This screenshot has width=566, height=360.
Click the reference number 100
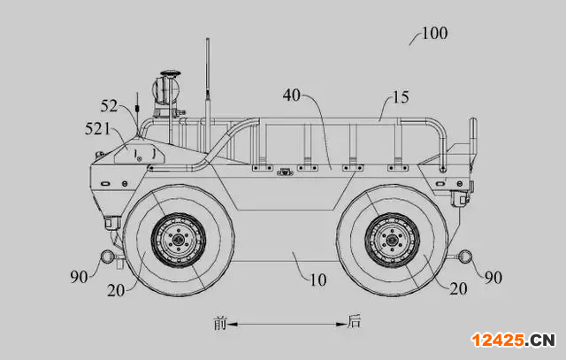point(434,34)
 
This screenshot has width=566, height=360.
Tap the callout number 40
point(291,96)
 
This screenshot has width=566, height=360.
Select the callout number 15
point(401,97)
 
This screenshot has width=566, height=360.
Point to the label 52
point(109,106)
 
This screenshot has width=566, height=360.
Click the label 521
point(97,128)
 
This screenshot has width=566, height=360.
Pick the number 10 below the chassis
point(318,280)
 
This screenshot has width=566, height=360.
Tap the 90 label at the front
point(79,277)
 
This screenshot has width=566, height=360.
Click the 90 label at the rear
point(493,278)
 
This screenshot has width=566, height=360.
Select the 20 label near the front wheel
point(116,290)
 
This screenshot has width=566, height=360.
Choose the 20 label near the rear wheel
point(458,289)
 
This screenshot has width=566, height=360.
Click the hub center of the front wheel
point(179,240)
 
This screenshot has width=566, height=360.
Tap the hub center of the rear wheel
point(392,240)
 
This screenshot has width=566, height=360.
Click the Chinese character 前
point(219,323)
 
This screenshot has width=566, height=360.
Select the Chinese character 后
point(354,321)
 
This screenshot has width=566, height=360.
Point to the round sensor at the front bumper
point(107,257)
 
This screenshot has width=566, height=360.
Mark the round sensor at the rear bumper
point(465,257)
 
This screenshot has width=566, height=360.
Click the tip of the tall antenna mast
point(208,38)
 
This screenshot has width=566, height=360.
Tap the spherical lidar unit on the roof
point(166,88)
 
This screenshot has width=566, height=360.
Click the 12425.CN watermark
point(513,341)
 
